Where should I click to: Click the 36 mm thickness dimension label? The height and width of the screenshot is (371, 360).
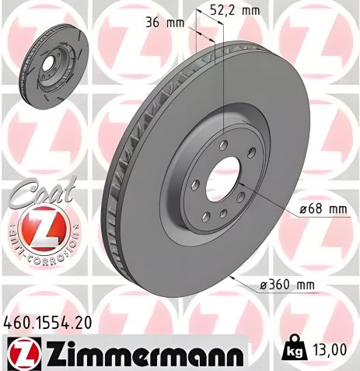click(164, 23)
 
